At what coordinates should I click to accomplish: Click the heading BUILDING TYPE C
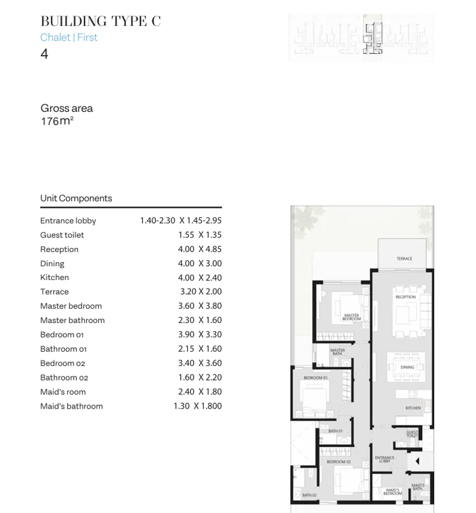click(100, 22)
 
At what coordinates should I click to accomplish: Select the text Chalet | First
click(69, 37)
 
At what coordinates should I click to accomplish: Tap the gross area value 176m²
click(57, 121)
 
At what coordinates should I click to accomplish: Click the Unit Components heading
click(76, 199)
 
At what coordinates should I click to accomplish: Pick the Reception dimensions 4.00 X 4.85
click(199, 249)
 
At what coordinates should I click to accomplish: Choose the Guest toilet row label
click(62, 235)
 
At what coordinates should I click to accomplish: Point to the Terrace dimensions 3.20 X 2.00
click(200, 292)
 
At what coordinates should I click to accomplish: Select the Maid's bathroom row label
click(71, 406)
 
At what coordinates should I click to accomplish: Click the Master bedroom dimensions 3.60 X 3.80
click(199, 306)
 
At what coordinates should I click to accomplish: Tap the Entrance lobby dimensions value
click(180, 220)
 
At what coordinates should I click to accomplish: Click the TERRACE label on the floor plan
click(404, 259)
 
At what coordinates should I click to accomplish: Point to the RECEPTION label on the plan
click(405, 297)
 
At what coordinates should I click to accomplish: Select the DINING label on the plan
click(407, 367)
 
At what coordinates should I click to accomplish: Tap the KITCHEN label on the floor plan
click(413, 408)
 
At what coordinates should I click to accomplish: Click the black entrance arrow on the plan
click(417, 461)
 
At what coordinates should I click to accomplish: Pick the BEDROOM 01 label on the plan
click(315, 378)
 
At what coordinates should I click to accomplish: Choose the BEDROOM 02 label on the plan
click(338, 462)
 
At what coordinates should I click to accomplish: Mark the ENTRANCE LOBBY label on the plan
click(384, 459)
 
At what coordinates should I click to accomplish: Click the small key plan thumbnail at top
click(361, 38)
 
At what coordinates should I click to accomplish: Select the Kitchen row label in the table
click(55, 278)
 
